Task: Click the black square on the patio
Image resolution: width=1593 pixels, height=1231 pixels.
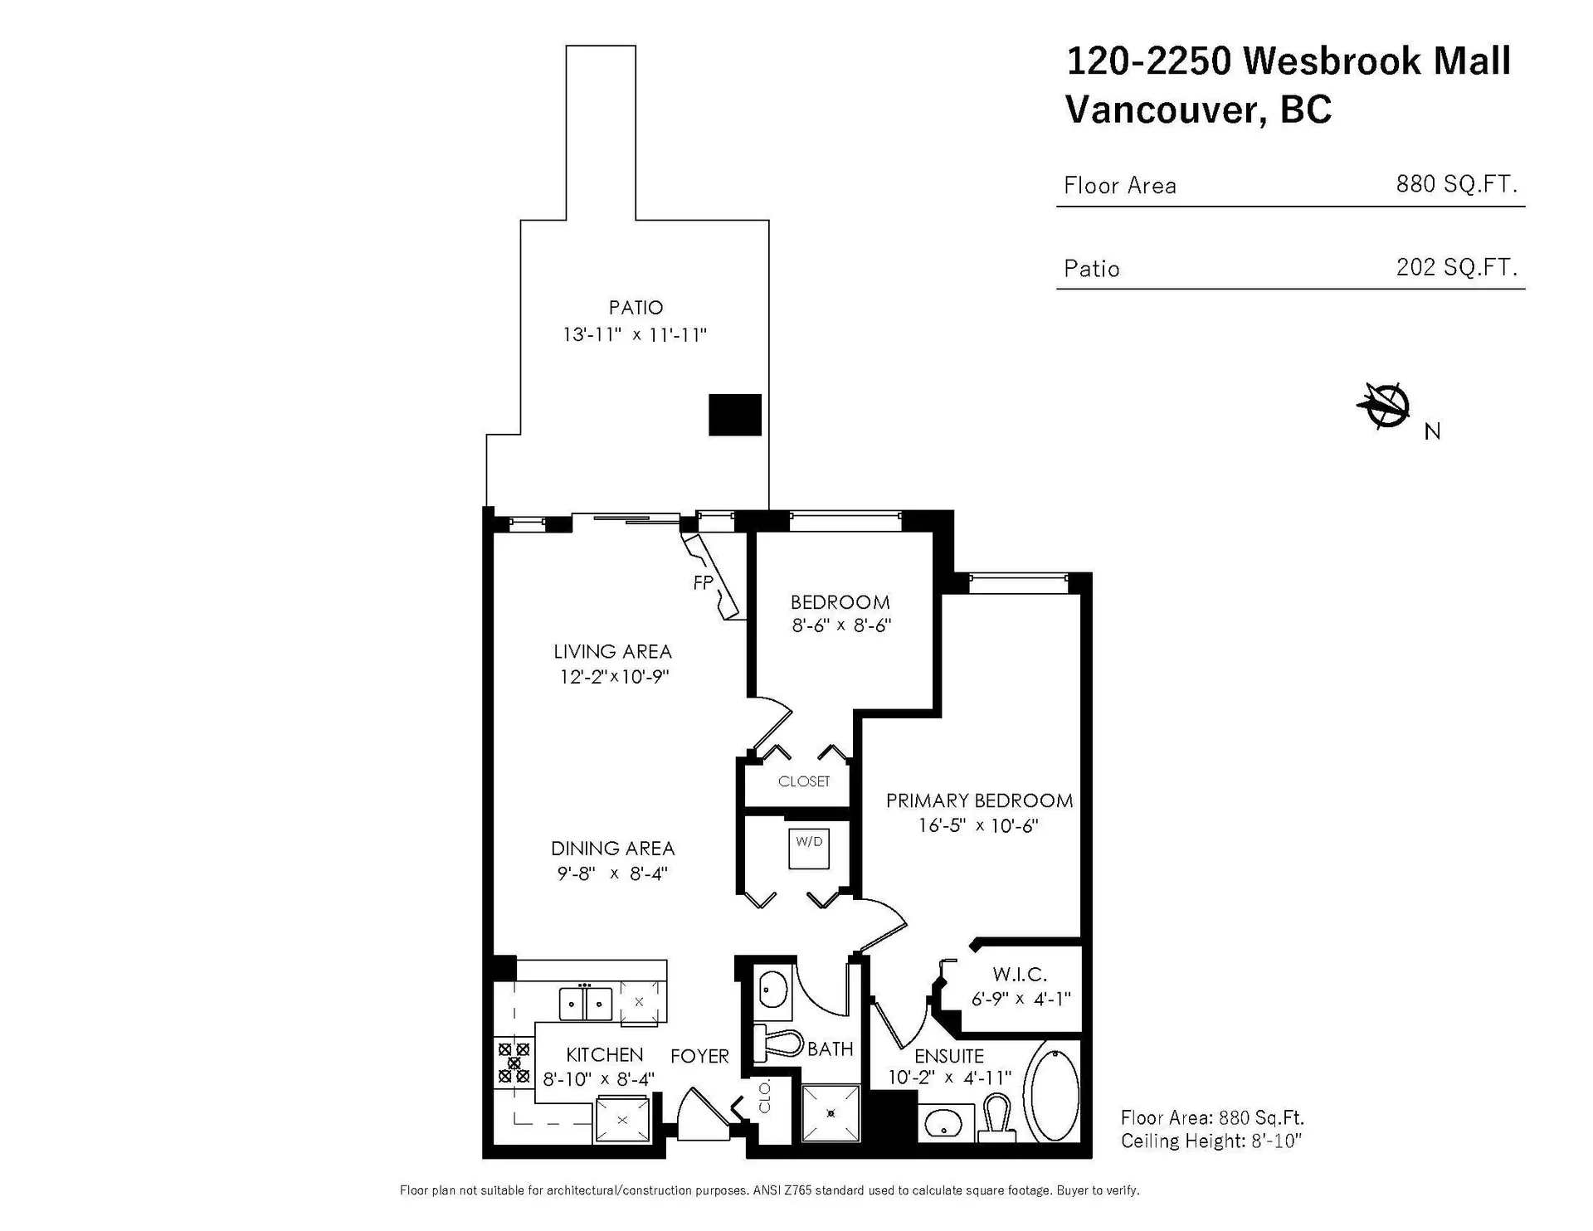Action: (x=734, y=415)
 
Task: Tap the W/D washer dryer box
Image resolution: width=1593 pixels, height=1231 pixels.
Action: (x=809, y=848)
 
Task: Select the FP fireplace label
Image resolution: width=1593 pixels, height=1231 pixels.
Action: (x=703, y=583)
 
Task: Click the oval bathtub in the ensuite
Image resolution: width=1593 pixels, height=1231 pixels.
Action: (x=1053, y=1095)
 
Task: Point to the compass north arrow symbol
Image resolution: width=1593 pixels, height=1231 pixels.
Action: (x=1383, y=406)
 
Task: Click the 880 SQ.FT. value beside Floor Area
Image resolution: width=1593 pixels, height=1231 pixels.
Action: (x=1456, y=184)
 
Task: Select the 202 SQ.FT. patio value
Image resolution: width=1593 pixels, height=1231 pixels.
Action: (x=1456, y=267)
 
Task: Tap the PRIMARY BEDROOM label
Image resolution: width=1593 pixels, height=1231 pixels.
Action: (x=979, y=800)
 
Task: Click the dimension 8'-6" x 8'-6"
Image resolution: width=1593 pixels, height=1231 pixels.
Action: (x=840, y=625)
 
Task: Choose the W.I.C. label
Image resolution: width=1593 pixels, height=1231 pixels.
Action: (x=1020, y=975)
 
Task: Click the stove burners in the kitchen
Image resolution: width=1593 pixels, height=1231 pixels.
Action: (x=514, y=1063)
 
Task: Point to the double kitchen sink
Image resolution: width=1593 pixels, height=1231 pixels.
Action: (x=586, y=1003)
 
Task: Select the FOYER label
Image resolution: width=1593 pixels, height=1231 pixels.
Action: (x=699, y=1056)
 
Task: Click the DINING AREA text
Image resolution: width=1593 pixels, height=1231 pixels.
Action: (x=612, y=849)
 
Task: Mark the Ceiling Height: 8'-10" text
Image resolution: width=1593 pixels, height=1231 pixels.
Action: (x=1211, y=1141)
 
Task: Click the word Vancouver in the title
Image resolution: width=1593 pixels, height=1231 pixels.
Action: (x=1165, y=109)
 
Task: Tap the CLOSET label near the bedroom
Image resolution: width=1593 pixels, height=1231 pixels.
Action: (x=803, y=781)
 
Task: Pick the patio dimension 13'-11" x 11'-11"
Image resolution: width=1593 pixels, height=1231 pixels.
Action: (x=635, y=335)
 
